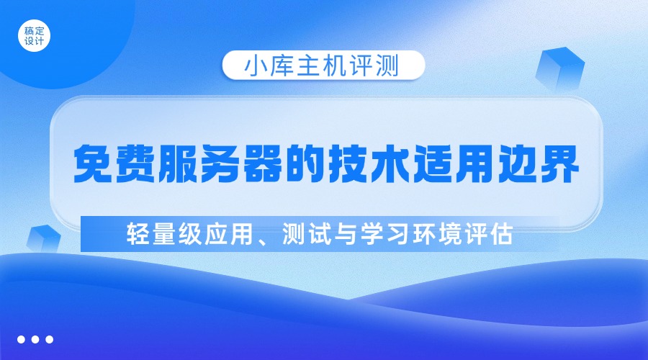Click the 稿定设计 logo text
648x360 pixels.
(x=34, y=36)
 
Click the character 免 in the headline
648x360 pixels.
(x=96, y=165)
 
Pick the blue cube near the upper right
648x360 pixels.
(x=559, y=68)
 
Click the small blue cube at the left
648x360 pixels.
(x=41, y=238)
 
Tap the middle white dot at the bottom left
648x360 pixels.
(x=35, y=339)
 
